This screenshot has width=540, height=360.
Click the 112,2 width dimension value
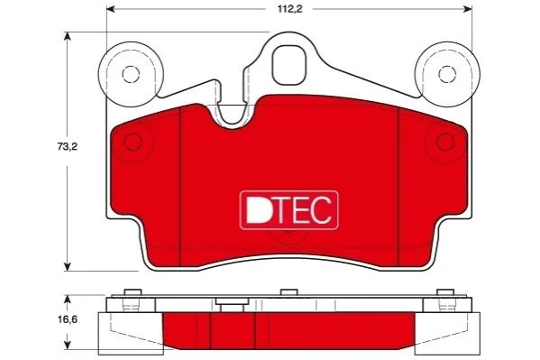coord(290,9)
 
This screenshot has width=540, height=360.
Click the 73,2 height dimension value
coord(68,146)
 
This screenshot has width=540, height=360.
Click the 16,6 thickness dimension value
coord(68,319)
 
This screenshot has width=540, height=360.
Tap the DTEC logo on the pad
coord(289,210)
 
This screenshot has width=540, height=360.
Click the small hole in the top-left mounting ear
coord(131,74)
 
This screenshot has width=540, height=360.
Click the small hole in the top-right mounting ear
coord(447,74)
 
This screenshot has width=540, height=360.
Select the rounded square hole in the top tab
coord(289,65)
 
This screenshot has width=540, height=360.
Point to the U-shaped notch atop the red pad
coord(232,115)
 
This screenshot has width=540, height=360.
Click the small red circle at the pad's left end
coord(133,142)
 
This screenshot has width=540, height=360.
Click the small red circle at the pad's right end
coord(445,142)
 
